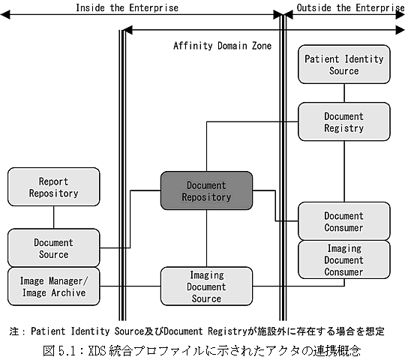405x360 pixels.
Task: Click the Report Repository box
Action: click(x=54, y=187)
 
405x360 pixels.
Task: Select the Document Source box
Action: click(x=54, y=248)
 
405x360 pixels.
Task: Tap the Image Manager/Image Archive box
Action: click(x=54, y=286)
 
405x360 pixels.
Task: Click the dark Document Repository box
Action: click(x=207, y=190)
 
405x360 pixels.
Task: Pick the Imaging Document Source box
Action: click(x=207, y=286)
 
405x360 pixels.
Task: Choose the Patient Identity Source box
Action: click(x=344, y=64)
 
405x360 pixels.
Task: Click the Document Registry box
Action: click(x=344, y=121)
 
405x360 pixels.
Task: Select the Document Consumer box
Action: click(x=344, y=221)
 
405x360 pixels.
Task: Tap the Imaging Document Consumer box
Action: click(x=344, y=259)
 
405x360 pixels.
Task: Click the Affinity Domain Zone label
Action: click(x=223, y=46)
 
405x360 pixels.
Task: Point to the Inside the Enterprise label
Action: click(x=127, y=7)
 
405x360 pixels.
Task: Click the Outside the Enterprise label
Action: click(x=350, y=7)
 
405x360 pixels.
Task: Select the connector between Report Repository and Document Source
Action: click(x=54, y=217)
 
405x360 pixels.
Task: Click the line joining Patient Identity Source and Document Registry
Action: click(x=344, y=93)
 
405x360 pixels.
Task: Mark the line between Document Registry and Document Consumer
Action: click(x=344, y=171)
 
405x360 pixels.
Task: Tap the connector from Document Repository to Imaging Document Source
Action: click(x=207, y=238)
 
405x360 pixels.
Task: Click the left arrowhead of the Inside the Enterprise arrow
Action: click(x=5, y=14)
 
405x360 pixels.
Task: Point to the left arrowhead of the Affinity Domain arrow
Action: click(x=127, y=30)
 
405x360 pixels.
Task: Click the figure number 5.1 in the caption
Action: click(x=67, y=351)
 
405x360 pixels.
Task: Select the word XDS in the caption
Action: click(x=97, y=351)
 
